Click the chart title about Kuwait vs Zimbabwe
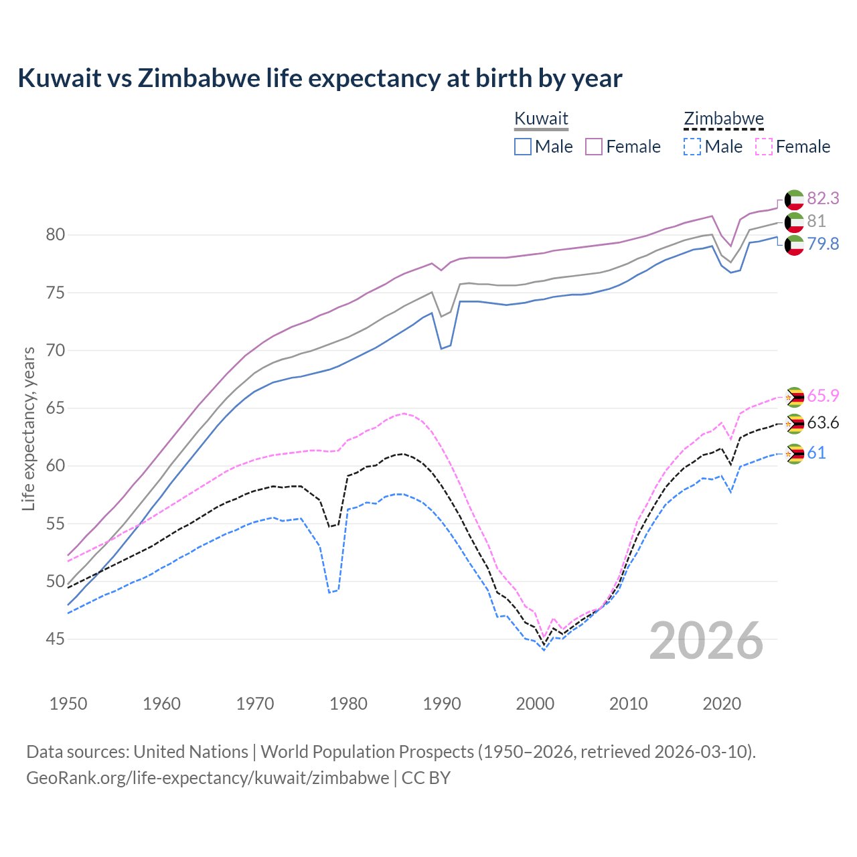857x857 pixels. point(320,78)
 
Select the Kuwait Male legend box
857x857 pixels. point(523,147)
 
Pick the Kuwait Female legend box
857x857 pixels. point(594,147)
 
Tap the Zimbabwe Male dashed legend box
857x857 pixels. point(692,147)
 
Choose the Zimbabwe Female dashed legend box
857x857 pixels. point(764,147)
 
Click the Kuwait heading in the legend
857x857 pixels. point(541,119)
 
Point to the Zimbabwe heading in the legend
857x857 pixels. point(724,119)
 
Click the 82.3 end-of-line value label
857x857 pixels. point(823,198)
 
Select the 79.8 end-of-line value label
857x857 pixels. point(823,244)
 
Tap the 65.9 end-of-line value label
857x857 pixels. point(823,396)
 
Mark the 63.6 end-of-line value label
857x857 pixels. point(823,422)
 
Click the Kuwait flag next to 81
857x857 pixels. point(794,222)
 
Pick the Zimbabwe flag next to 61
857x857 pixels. point(794,453)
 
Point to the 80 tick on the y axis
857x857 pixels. point(56,234)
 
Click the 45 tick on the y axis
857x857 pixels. point(56,639)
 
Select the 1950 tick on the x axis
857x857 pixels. point(68,704)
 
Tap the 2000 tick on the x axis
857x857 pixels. point(535,704)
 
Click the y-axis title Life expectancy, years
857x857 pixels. point(28,428)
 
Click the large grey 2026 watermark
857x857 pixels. point(706,641)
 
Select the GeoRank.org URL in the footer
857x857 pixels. point(208,778)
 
